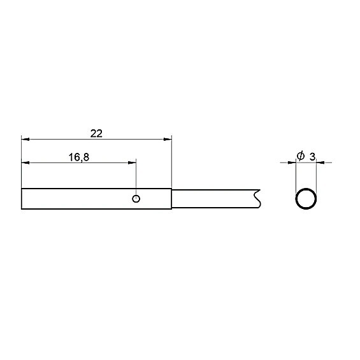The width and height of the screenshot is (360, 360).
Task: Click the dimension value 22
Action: point(96,134)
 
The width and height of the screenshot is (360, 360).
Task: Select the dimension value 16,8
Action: point(79,157)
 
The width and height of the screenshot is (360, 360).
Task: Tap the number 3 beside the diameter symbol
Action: point(312,157)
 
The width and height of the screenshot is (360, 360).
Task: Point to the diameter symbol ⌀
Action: point(301,156)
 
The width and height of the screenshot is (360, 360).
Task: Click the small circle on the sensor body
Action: point(136,199)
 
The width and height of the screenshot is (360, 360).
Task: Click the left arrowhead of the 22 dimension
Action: point(25,139)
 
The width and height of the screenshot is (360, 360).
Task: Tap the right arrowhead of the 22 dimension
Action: point(168,139)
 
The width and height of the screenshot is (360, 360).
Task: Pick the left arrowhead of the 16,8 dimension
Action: point(25,162)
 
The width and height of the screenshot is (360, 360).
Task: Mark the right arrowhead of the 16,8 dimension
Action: point(132,162)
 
